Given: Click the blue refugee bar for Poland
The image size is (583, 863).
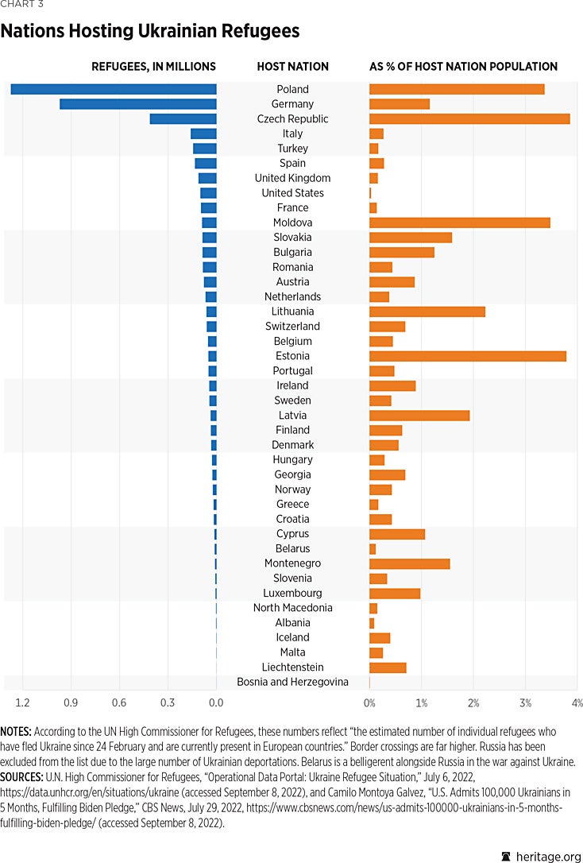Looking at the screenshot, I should click(x=114, y=89).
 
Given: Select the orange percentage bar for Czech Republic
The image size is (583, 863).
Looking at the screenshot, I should click(x=469, y=119).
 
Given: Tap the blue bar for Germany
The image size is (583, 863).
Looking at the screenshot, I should click(x=138, y=104).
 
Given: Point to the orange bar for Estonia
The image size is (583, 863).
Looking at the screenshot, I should click(x=468, y=356).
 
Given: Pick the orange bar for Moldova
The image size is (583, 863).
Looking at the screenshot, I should click(x=460, y=223).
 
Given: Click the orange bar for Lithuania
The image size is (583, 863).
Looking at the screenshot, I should click(x=427, y=312).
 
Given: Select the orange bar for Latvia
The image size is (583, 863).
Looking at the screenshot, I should click(x=419, y=416).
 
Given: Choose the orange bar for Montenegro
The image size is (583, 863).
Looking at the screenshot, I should click(x=410, y=563).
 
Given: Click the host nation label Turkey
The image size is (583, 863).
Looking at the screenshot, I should click(x=292, y=149).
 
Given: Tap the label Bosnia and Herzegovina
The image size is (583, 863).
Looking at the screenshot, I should click(x=292, y=682).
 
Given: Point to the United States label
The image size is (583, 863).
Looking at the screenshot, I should click(x=292, y=193).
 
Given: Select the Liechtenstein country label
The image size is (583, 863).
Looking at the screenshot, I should click(x=292, y=668).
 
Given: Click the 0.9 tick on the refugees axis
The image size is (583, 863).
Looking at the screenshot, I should click(x=71, y=702).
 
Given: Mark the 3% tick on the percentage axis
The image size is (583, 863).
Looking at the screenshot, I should click(x=525, y=702).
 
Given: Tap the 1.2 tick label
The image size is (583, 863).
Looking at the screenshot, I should click(x=22, y=702).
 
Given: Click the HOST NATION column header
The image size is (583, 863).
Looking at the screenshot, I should click(x=292, y=67).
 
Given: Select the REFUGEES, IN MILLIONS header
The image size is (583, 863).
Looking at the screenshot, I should click(x=153, y=67).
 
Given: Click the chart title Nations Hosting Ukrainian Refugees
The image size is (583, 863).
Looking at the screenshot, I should click(x=150, y=31).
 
